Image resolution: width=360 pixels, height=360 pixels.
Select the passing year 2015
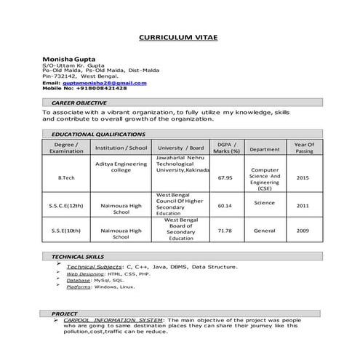303,177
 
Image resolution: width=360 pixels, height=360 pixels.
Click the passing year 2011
303,206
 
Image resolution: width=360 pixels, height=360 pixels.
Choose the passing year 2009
303,231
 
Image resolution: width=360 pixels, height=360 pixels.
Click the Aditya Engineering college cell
121,168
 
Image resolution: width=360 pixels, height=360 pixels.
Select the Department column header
264,149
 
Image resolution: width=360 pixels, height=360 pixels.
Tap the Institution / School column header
121,148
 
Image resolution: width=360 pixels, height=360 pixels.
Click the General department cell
264,231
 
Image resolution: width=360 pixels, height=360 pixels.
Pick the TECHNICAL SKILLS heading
77,257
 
